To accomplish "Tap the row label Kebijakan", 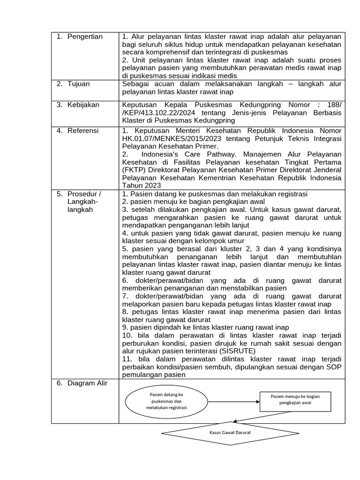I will tap(83, 105).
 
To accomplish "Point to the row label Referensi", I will tap(83, 130).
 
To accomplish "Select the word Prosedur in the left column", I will tap(84, 194).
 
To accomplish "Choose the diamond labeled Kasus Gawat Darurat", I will tap(230, 432).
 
